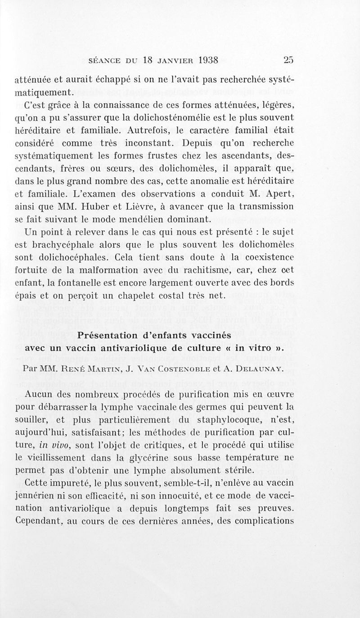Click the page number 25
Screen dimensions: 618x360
coord(288,60)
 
